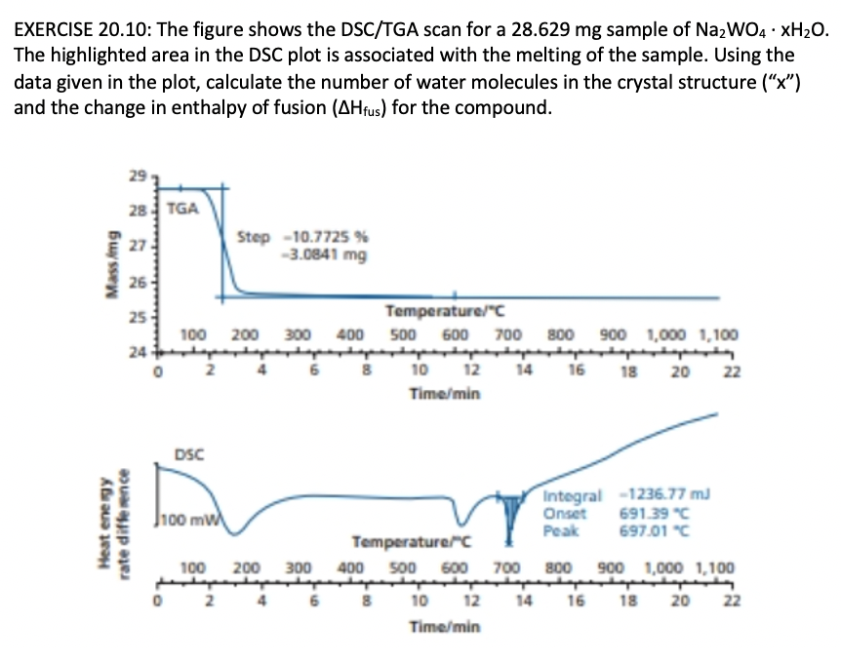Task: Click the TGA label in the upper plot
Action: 182,208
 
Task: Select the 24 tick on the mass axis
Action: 137,352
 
